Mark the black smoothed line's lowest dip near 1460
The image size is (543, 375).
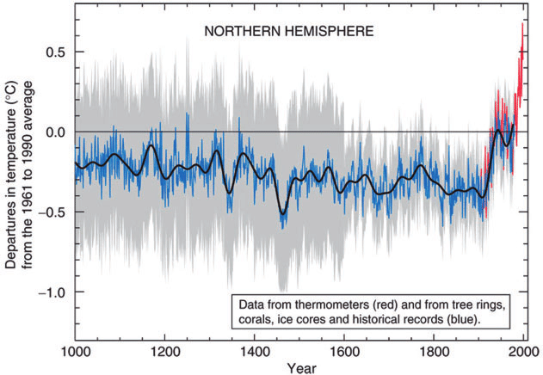click(x=281, y=214)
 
